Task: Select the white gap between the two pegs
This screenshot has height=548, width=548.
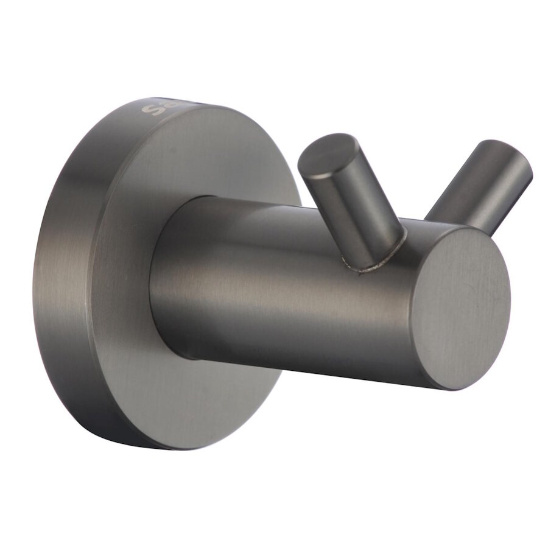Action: (414, 183)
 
